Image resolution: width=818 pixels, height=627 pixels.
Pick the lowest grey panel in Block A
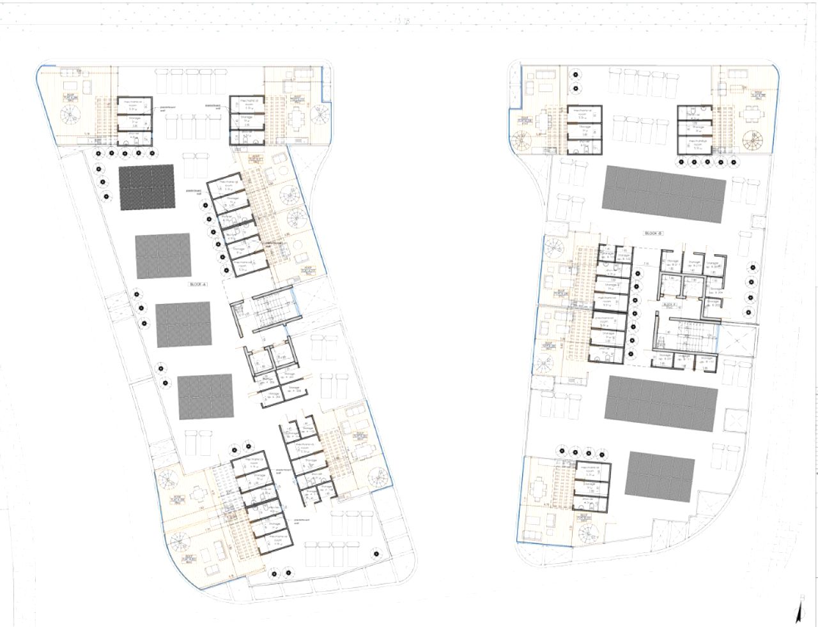[x=206, y=397]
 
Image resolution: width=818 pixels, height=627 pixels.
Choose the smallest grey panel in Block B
[x=660, y=474]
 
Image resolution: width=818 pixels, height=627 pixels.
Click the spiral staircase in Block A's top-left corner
[x=68, y=117]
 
